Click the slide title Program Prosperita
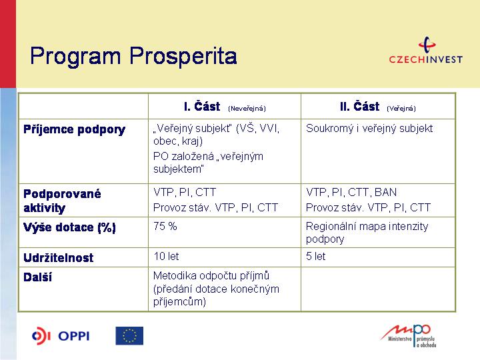(133, 56)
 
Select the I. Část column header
(202, 107)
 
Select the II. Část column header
(360, 107)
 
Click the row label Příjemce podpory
(75, 129)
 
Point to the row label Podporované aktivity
(62, 201)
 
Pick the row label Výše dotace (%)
(69, 227)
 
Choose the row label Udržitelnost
(59, 258)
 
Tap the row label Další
(37, 277)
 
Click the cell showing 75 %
(165, 226)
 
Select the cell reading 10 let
(166, 256)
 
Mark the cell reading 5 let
(315, 256)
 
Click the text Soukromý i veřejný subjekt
(369, 129)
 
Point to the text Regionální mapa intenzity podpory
(367, 233)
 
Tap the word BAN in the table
(386, 192)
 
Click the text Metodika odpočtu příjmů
(211, 276)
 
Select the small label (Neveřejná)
(247, 109)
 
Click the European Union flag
(129, 336)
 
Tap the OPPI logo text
(74, 336)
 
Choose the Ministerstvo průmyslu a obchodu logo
(409, 336)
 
